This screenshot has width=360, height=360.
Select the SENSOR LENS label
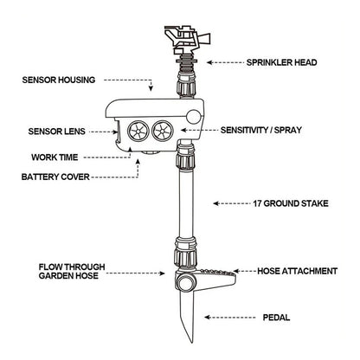coord(56,132)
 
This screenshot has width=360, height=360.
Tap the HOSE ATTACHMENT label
coord(297,271)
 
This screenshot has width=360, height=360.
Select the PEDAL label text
coord(276,318)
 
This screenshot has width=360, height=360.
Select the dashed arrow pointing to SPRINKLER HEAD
coord(222,63)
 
